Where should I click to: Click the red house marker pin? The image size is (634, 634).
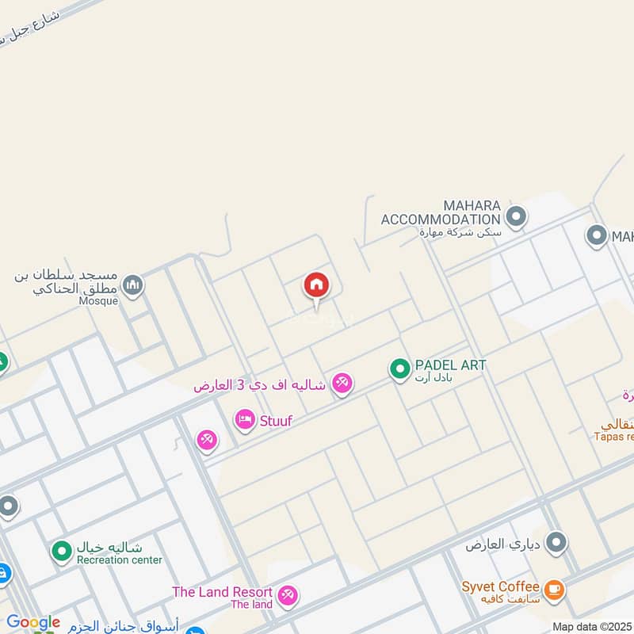coord(315,286)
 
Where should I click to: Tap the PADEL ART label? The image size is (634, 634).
coord(449,365)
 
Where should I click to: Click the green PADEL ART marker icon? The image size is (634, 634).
coord(399,369)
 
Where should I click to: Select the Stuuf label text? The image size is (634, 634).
coord(276,421)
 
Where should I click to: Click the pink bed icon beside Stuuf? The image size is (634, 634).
coord(245,420)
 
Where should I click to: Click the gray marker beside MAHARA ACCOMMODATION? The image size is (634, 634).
coord(516,216)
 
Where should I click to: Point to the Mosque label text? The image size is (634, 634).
coord(98,301)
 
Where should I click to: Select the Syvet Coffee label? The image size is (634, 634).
coord(501,587)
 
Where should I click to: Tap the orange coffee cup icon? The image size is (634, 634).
coord(553,589)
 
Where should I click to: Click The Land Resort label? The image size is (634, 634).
coord(223,592)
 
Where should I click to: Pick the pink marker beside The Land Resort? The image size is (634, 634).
coord(287,594)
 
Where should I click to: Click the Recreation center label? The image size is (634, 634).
coord(119,560)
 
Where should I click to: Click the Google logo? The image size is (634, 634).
coord(32,622)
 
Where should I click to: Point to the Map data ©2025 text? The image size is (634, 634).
coord(592,627)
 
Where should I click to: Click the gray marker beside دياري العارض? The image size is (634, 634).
coord(556,543)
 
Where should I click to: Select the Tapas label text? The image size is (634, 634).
coord(614,436)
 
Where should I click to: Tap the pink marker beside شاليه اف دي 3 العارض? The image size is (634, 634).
coord(342,384)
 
